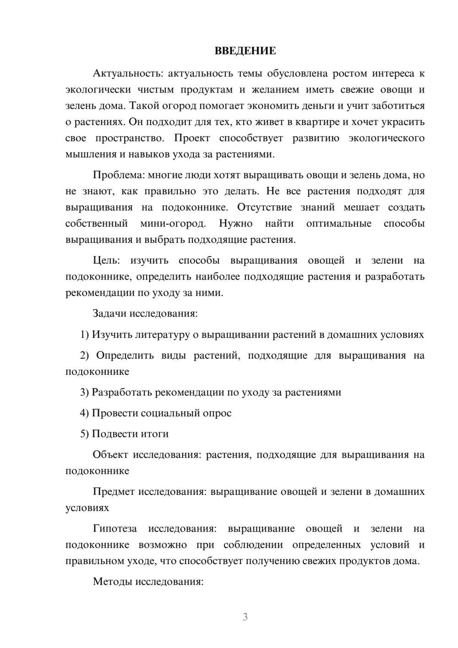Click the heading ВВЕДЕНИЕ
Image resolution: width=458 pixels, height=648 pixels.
(245, 51)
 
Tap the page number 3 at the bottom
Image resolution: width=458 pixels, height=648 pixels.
(245, 617)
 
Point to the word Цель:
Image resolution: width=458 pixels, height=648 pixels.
(106, 261)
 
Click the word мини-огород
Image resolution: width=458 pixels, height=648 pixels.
(173, 224)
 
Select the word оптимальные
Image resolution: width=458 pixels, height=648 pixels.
(338, 224)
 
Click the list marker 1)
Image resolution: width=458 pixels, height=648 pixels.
(85, 335)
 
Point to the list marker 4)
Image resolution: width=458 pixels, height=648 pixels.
(85, 413)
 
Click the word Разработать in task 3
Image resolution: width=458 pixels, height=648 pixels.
(122, 392)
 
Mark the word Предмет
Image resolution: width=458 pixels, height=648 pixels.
(114, 492)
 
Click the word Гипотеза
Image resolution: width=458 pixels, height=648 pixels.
(114, 529)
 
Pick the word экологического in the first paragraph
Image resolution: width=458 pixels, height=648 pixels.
(387, 138)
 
